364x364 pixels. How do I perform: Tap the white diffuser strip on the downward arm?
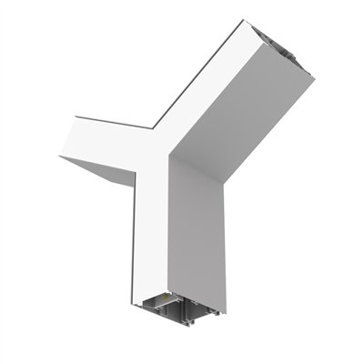click(x=152, y=237)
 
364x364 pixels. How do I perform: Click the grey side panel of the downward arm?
click(x=196, y=237)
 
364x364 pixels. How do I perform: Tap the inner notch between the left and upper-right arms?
click(x=151, y=126)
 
